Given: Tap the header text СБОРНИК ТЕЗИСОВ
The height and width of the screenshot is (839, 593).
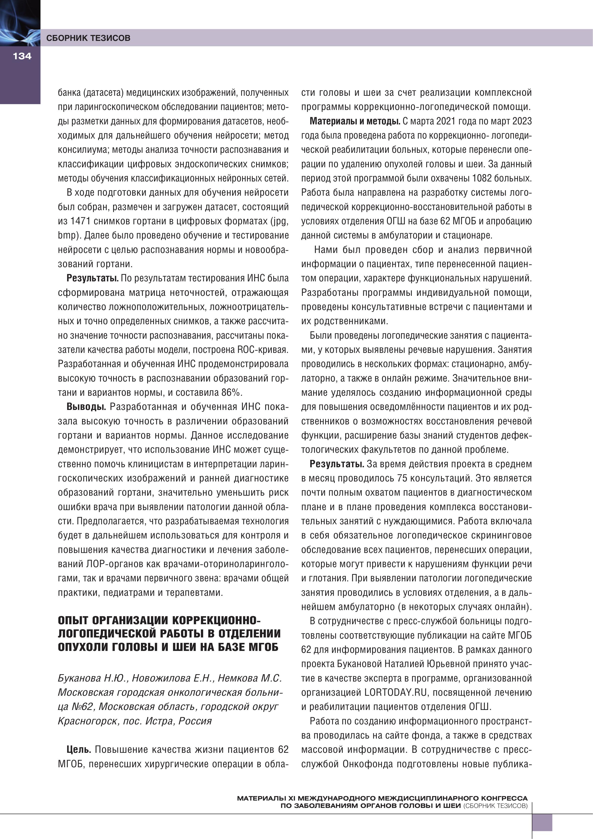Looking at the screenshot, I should pos(88,38).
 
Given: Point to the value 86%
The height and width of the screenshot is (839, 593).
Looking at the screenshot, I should pos(232,393).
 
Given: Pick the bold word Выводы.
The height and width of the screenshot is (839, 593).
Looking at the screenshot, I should pos(86,407).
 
